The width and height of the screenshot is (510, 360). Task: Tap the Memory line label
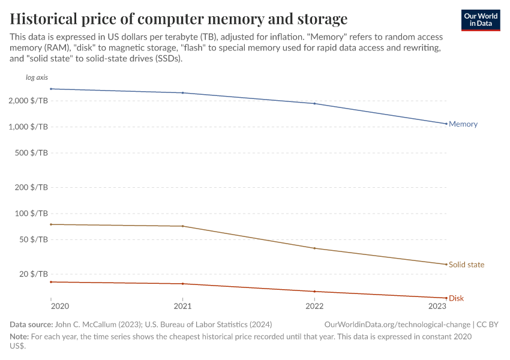pyautogui.click(x=463, y=124)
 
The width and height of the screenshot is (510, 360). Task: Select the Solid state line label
pyautogui.click(x=466, y=265)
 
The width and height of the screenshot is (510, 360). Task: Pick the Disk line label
pyautogui.click(x=456, y=298)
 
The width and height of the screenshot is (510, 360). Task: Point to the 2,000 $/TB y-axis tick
pyautogui.click(x=28, y=101)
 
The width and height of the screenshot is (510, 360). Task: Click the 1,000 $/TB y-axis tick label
pyautogui.click(x=28, y=127)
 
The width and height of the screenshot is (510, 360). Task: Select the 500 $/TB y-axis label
pyautogui.click(x=31, y=153)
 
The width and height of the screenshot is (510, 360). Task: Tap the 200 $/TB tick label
pyautogui.click(x=31, y=187)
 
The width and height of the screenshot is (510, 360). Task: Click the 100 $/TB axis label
pyautogui.click(x=31, y=214)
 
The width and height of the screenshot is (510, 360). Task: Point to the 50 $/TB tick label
pyautogui.click(x=33, y=239)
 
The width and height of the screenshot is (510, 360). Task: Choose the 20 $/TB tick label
pyautogui.click(x=33, y=274)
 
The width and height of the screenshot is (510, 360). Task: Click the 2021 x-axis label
pyautogui.click(x=182, y=307)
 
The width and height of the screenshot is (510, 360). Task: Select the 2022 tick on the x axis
pyautogui.click(x=314, y=307)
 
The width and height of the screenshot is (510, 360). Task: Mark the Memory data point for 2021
pyautogui.click(x=182, y=93)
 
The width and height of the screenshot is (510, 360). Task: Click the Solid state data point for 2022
pyautogui.click(x=314, y=248)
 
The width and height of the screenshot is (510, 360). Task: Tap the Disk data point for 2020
pyautogui.click(x=51, y=282)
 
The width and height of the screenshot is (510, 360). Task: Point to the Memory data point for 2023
pyautogui.click(x=446, y=124)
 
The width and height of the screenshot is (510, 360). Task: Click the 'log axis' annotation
pyautogui.click(x=37, y=78)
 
